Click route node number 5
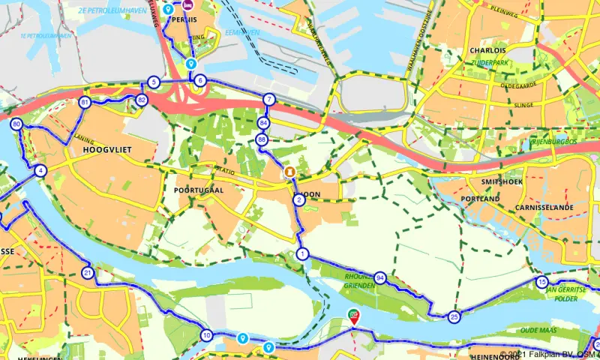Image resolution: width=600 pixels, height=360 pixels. tap(154, 82)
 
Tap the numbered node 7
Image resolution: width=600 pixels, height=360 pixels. tap(269, 99)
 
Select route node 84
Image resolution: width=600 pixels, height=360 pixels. tap(262, 122)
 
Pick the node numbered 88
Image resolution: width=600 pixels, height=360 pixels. tap(261, 139)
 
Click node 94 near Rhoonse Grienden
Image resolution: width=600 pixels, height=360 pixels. tap(380, 277)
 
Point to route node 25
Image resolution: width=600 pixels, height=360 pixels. tap(454, 317)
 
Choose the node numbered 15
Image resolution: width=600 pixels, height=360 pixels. tap(542, 282)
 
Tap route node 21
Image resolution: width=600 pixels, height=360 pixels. tap(88, 272)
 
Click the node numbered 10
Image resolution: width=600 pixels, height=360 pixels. tap(207, 335)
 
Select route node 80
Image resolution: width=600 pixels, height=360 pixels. tap(16, 124)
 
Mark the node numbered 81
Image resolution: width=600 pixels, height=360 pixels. tap(85, 103)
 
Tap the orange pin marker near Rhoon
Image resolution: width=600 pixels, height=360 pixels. tap(289, 173)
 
